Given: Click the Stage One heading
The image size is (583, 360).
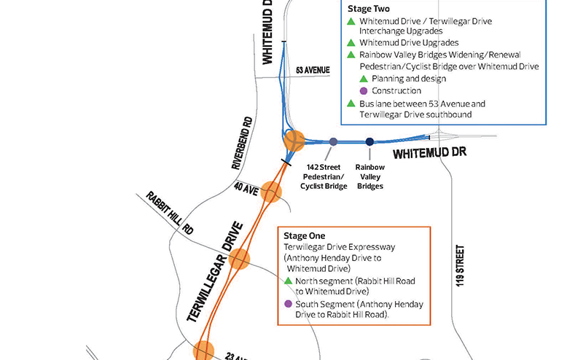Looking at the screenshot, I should tap(305, 236).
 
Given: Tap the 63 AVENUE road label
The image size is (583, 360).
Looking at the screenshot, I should tap(313, 70).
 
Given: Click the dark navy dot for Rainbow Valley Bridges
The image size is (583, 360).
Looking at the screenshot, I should tap(369, 142).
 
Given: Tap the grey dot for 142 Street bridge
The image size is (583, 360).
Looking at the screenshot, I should tap(333, 142).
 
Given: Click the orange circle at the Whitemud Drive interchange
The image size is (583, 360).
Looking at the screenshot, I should tap(294, 141).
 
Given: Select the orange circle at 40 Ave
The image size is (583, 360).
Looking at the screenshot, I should tap(271, 192).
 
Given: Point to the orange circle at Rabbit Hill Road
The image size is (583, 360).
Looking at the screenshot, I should tap(239, 259).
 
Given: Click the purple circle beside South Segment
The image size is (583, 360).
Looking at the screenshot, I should tap(289, 304).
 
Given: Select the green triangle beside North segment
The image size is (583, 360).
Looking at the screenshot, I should tap(289, 281).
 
